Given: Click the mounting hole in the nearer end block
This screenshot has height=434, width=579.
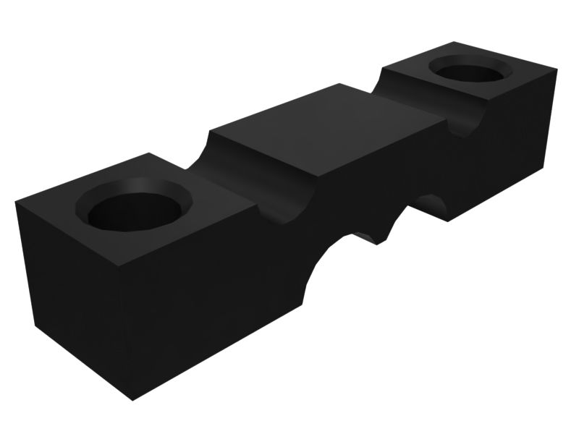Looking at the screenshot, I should [135, 208].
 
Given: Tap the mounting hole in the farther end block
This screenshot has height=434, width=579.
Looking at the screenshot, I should [470, 72].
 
